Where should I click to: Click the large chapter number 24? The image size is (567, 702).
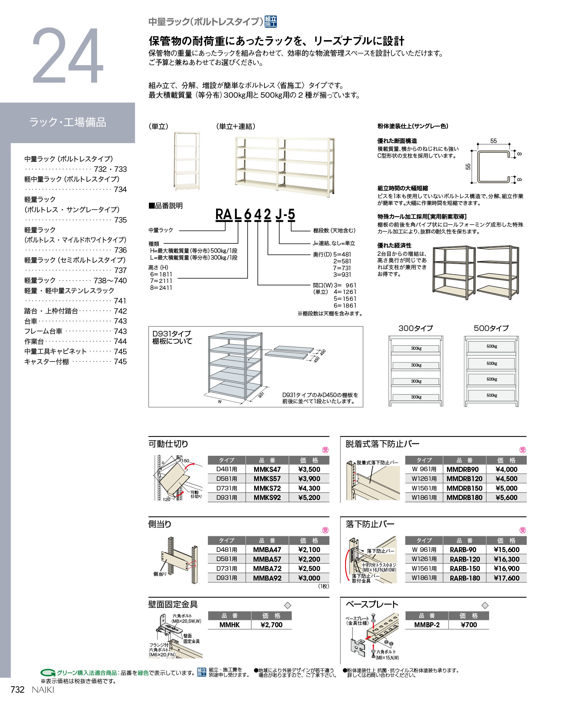click(x=68, y=56)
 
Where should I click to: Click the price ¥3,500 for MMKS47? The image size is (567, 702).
click(x=309, y=469)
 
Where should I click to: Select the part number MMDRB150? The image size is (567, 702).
click(x=464, y=488)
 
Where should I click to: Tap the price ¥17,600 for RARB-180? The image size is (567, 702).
click(x=506, y=578)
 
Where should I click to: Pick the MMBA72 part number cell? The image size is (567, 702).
click(x=267, y=569)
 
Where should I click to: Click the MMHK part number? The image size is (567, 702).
click(x=229, y=625)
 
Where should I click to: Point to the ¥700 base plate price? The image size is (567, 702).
click(x=469, y=625)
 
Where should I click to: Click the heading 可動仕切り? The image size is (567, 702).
click(x=168, y=444)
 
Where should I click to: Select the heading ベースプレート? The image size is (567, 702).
click(x=372, y=604)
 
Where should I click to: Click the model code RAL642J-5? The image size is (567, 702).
click(x=255, y=215)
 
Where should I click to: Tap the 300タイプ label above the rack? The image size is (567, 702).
click(x=415, y=328)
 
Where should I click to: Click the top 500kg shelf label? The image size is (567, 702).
click(x=492, y=346)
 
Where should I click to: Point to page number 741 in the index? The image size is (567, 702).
click(x=120, y=301)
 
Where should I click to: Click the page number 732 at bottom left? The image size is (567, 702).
click(x=17, y=690)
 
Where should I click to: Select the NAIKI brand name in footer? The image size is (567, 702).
click(x=43, y=690)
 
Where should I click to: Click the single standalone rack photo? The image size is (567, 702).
click(x=187, y=162)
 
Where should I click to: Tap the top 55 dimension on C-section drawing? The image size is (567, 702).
click(x=493, y=141)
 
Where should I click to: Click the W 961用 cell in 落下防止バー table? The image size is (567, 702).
click(x=424, y=550)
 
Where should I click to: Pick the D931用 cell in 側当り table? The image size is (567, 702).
click(x=226, y=578)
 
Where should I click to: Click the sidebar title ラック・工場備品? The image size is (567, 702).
click(x=68, y=122)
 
